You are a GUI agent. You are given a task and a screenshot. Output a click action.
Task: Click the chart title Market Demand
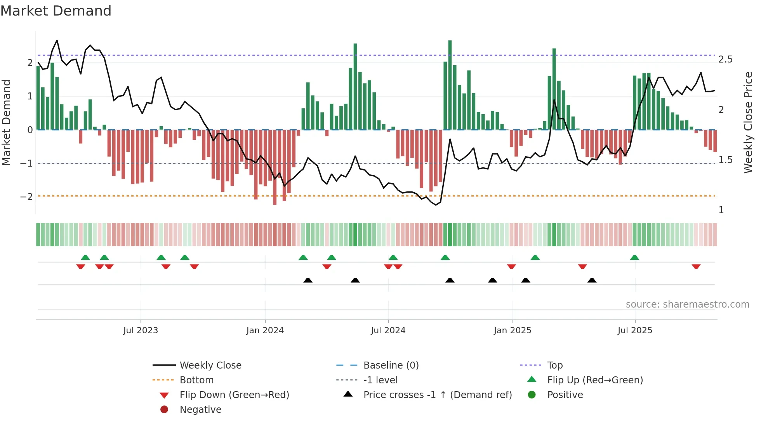[x=56, y=11]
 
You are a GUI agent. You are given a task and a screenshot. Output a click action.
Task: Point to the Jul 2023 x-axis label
[x=141, y=331]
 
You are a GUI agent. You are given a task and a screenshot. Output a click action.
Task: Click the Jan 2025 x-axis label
[x=512, y=331]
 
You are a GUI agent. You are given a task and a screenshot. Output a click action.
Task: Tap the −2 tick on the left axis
[x=26, y=197]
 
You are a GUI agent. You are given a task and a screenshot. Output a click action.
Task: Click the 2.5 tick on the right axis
[x=725, y=59]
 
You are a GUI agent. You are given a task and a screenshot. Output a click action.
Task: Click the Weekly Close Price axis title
[x=748, y=122]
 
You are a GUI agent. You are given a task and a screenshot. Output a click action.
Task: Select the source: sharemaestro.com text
[x=687, y=304]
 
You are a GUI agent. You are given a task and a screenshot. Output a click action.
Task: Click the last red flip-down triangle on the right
[x=696, y=266]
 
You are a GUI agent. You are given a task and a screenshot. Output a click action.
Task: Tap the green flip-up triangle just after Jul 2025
[x=634, y=257]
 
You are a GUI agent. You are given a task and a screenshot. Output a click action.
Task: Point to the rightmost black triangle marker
[x=592, y=280]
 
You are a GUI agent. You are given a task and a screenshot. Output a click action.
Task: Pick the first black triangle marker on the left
[x=308, y=280]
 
